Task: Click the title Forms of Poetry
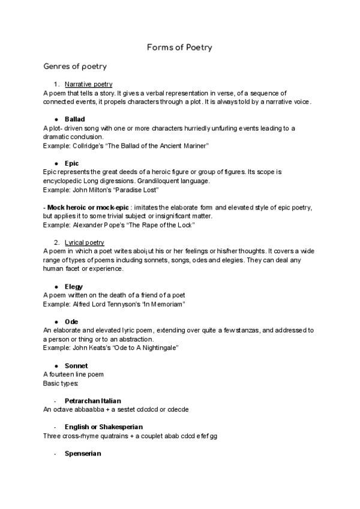(x=179, y=47)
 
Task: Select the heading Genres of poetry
(x=75, y=67)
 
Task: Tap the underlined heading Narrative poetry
(x=88, y=84)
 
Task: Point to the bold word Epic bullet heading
(x=71, y=163)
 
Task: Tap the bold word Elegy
(x=73, y=287)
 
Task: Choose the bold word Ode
(x=71, y=322)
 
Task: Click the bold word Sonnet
(x=76, y=366)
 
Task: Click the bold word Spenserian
(x=83, y=454)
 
